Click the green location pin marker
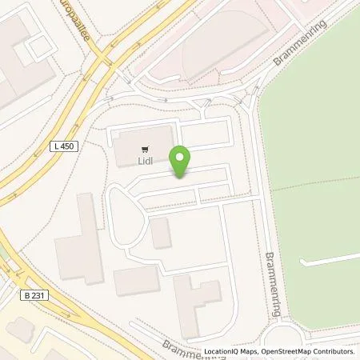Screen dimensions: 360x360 pos(182,161)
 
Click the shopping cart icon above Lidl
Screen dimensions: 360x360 pos(145,148)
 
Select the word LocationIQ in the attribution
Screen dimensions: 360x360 pos(220,351)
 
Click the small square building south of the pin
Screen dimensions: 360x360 pos(160,233)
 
